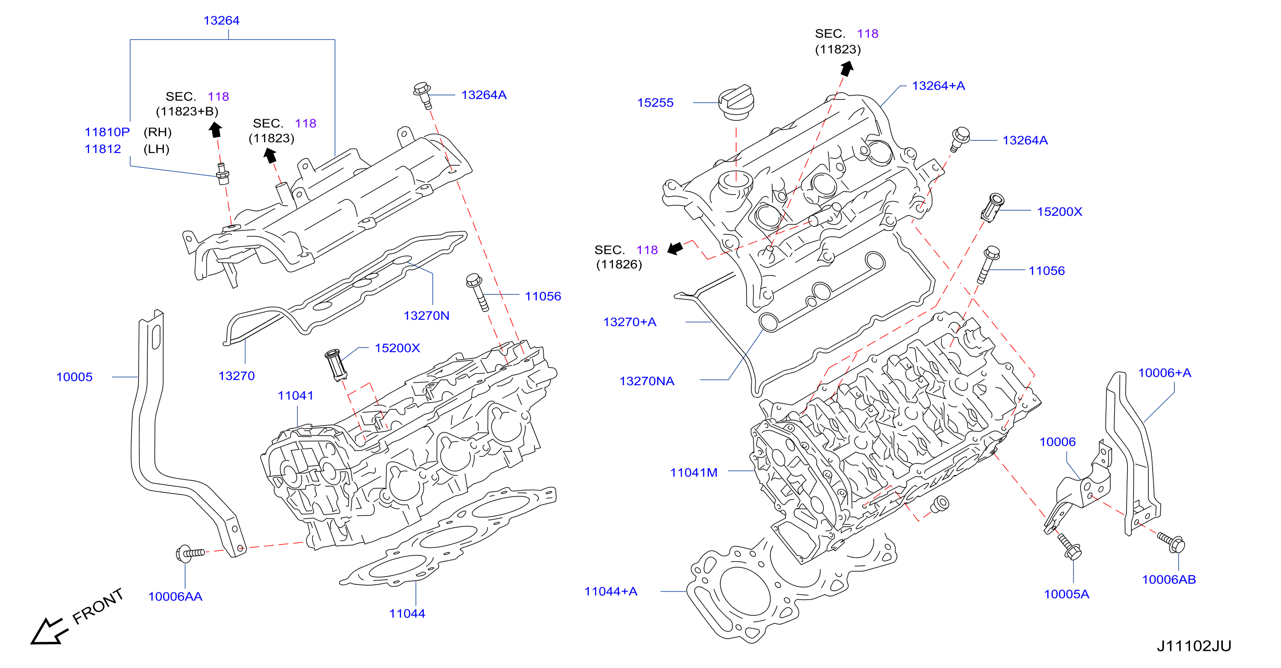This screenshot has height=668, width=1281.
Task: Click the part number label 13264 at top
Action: [x=221, y=21]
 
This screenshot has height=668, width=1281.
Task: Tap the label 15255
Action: [x=655, y=103]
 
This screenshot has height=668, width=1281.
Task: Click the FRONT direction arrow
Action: [x=47, y=631]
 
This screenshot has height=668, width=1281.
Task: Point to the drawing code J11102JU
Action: [x=1194, y=646]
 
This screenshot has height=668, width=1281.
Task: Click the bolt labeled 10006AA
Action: [x=190, y=553]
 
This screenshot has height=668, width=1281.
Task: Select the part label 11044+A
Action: [x=611, y=591]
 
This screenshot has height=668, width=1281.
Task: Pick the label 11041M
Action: [x=694, y=473]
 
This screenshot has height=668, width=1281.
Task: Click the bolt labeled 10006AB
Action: [x=1172, y=542]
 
